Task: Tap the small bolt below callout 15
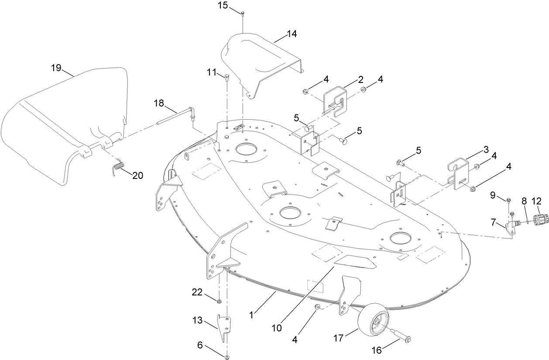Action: (243, 14)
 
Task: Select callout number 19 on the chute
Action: (55, 68)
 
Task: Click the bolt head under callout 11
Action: (226, 78)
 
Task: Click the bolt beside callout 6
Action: (227, 357)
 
